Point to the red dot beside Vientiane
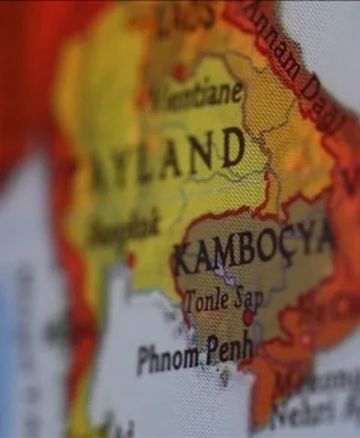click(x=179, y=70)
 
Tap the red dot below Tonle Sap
click(x=248, y=316)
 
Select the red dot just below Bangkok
click(x=129, y=260)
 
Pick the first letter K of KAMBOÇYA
click(x=183, y=261)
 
